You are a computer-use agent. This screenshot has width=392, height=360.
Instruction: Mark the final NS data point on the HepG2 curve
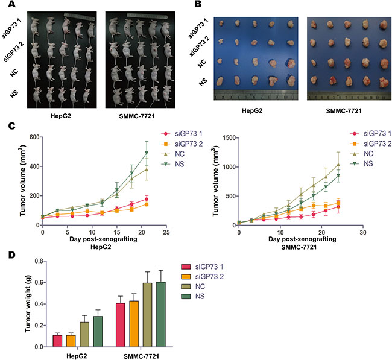click(128, 153)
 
